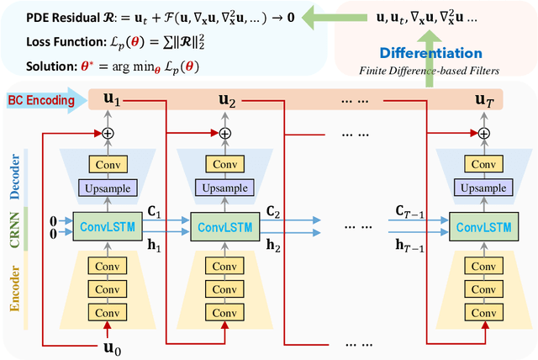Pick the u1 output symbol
pos(112,100)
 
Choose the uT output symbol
pos(484,100)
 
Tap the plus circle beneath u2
pos(224,134)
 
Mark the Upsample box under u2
pos(224,188)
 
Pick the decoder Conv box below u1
pos(107,164)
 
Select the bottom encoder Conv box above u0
pos(107,310)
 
